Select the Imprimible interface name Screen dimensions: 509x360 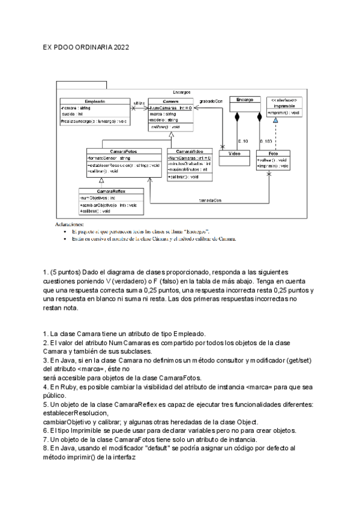[283, 105]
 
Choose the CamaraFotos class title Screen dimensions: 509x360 [115, 151]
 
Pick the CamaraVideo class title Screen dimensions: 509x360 [188, 151]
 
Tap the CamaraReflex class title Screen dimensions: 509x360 [101, 190]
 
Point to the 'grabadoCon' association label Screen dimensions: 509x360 [211, 101]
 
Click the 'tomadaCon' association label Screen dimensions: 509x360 [210, 199]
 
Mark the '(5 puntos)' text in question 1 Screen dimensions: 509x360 [66, 273]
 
